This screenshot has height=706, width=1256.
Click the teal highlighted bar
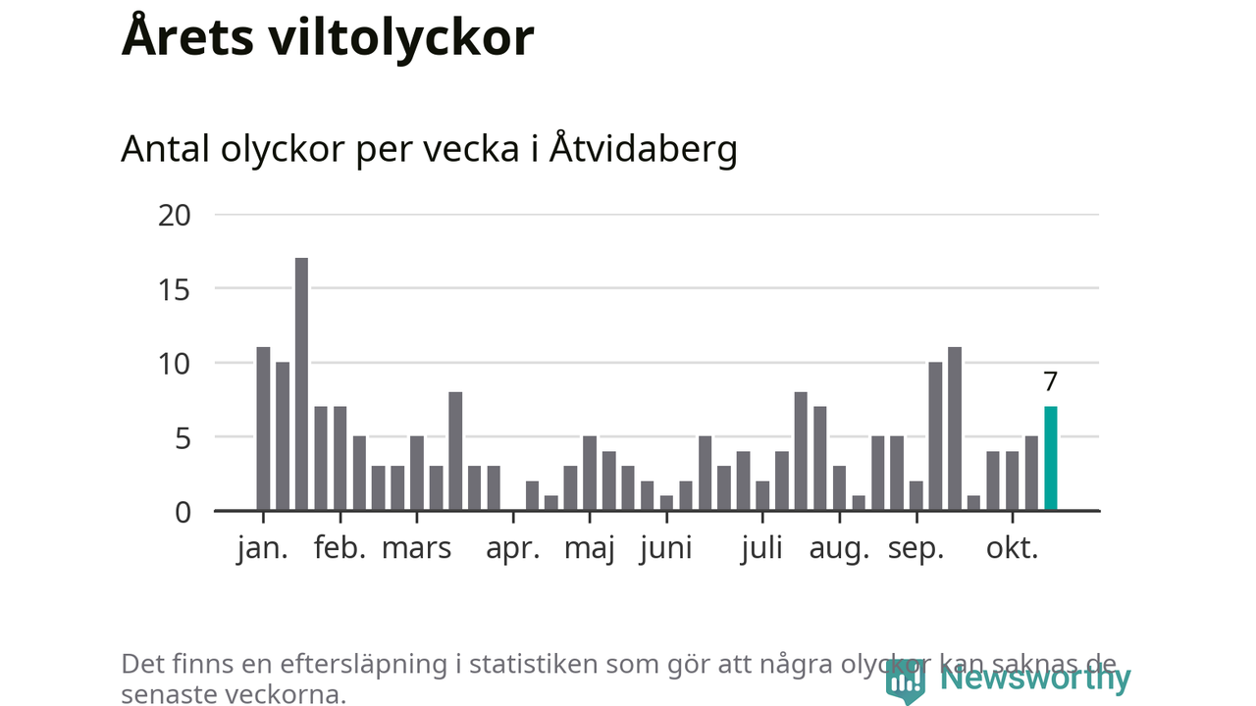pyautogui.click(x=1051, y=459)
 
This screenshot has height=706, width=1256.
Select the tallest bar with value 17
pyautogui.click(x=301, y=384)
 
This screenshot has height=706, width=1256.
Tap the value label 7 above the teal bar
pyautogui.click(x=1051, y=381)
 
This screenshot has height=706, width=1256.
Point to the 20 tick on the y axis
pyautogui.click(x=175, y=215)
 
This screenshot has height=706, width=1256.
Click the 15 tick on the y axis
pyautogui.click(x=175, y=289)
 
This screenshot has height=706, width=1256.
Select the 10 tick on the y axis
pyautogui.click(x=175, y=364)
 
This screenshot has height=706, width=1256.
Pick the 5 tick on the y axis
pyautogui.click(x=183, y=437)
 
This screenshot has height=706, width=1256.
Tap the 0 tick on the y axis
pyautogui.click(x=183, y=512)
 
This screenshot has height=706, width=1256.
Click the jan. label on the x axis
pyautogui.click(x=263, y=548)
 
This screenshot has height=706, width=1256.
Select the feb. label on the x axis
pyautogui.click(x=340, y=548)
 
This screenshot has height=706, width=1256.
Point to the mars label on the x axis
pyautogui.click(x=416, y=548)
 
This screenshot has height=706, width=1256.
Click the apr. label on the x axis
pyautogui.click(x=513, y=548)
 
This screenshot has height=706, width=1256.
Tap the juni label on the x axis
pyautogui.click(x=665, y=548)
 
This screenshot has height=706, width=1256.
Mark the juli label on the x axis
pyautogui.click(x=762, y=548)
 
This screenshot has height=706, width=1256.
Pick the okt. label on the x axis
pyautogui.click(x=1012, y=548)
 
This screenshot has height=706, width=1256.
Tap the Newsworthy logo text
pyautogui.click(x=1035, y=678)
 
